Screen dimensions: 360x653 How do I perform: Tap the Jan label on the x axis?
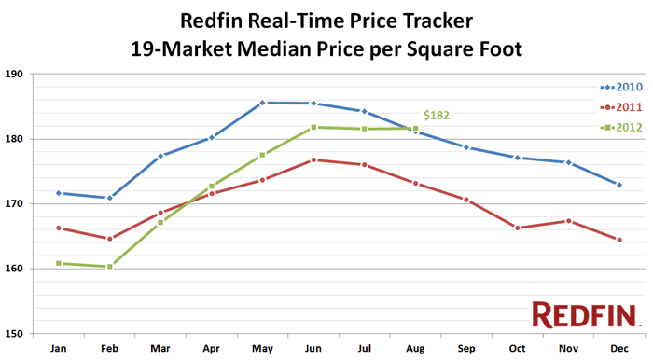59,348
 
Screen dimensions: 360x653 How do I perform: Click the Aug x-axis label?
414,348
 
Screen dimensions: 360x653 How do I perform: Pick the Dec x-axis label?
618,348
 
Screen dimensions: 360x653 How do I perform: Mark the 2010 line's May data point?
262,103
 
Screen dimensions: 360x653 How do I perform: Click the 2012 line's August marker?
415,128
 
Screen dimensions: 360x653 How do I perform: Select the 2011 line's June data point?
313,159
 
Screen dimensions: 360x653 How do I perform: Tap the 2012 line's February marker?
110,267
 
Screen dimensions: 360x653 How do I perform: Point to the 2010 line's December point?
618,185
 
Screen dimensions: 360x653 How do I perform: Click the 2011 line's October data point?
517,228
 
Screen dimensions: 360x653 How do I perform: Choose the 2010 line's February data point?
110,198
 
